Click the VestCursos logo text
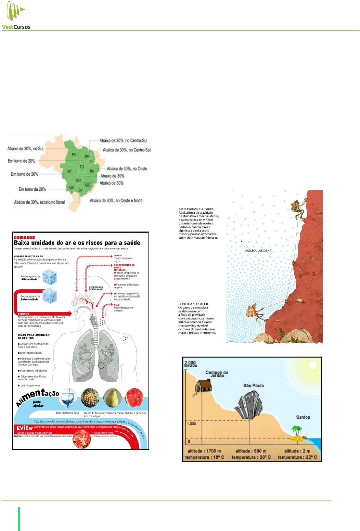(x=16, y=27)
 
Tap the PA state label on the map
(x=74, y=155)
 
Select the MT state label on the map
(x=70, y=171)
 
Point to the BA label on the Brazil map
(x=92, y=171)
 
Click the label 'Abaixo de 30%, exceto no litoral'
(x=39, y=202)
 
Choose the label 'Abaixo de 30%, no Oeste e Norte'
(x=116, y=201)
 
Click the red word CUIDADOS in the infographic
(x=24, y=238)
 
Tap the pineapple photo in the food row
(x=90, y=398)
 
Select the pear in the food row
(x=112, y=398)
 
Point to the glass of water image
(x=68, y=398)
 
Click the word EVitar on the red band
(x=25, y=428)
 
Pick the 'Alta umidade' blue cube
(x=50, y=277)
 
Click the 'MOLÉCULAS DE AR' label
(x=258, y=251)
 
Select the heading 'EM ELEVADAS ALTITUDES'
(x=196, y=209)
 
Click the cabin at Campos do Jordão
(x=203, y=386)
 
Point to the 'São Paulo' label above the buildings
(x=253, y=386)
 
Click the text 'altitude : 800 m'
(x=251, y=451)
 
